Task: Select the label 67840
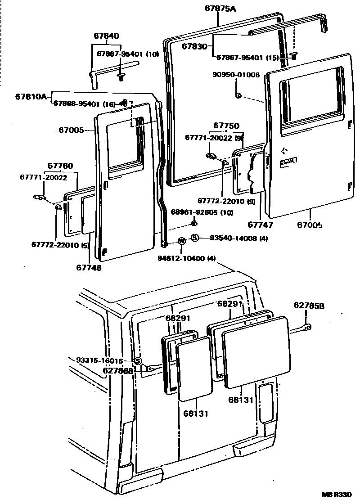[107, 36]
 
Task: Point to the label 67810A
[31, 96]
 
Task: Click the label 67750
[226, 126]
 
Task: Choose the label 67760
[60, 166]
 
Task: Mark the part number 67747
[261, 225]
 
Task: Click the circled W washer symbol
[182, 241]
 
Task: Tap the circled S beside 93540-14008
[194, 238]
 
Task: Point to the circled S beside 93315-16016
[138, 360]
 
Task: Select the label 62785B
[309, 306]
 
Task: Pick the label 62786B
[118, 370]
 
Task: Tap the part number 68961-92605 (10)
[202, 212]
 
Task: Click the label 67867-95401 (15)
[248, 57]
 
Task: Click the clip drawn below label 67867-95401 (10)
[121, 77]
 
